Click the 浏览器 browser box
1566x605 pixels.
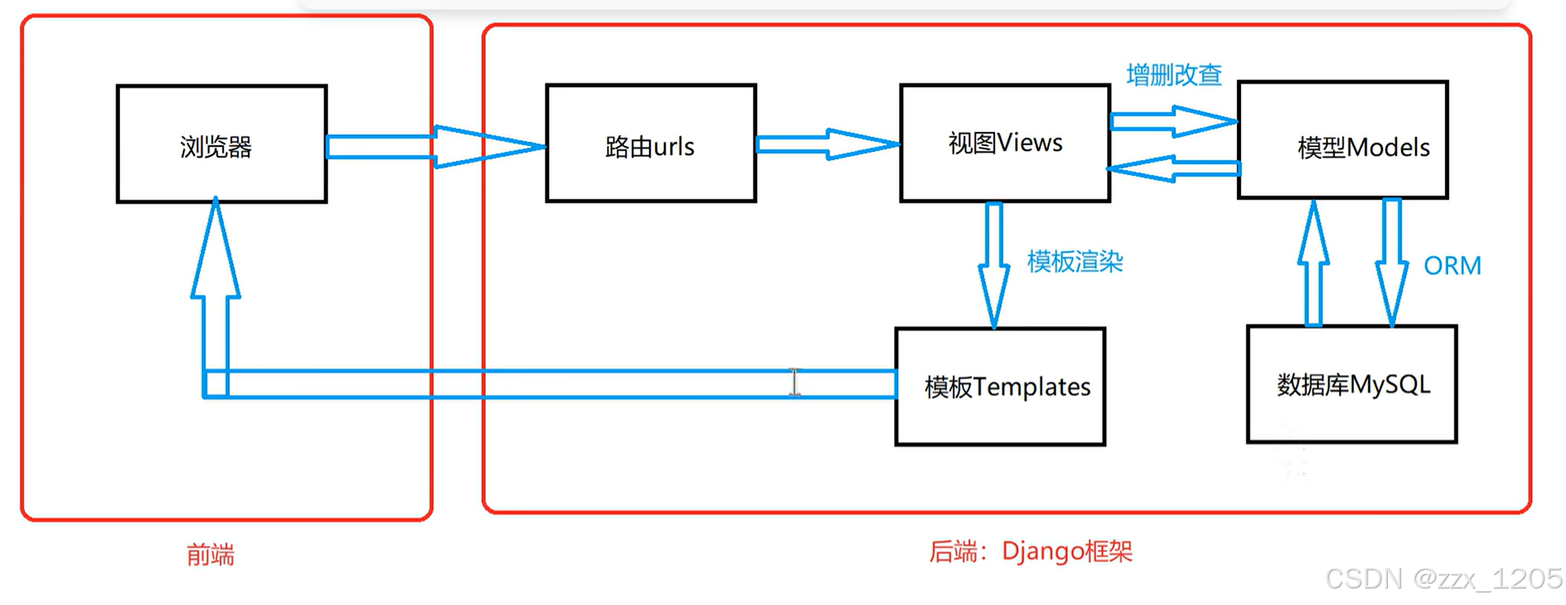(221, 145)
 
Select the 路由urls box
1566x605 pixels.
(651, 145)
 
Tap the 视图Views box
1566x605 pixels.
(1005, 144)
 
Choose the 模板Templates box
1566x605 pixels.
(1000, 387)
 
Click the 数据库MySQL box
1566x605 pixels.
(1352, 385)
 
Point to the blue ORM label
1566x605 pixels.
(1452, 266)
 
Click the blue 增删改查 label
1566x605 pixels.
(1174, 75)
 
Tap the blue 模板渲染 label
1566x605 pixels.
(1075, 262)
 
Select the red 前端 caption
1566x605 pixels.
(210, 555)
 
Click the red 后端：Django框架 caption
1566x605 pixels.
(1031, 552)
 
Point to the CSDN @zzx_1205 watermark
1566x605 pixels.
(1444, 579)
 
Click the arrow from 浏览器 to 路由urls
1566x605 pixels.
(436, 146)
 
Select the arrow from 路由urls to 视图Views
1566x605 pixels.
(827, 145)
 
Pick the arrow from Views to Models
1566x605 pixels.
(1174, 122)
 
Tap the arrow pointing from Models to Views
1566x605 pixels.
(1174, 168)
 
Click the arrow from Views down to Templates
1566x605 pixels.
(994, 263)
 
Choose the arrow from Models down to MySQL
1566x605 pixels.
(1392, 263)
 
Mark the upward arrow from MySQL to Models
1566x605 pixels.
(1313, 263)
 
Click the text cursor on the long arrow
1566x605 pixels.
(794, 383)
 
